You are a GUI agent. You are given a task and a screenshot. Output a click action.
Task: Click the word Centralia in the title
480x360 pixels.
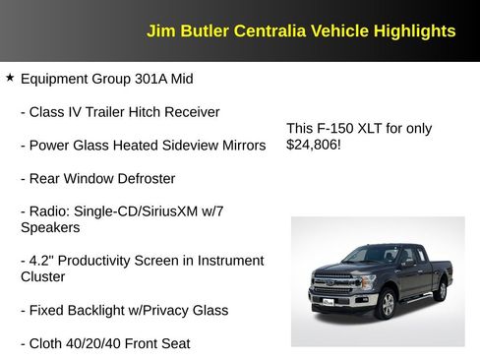tap(266, 31)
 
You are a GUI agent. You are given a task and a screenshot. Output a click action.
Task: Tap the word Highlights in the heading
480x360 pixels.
tap(414, 31)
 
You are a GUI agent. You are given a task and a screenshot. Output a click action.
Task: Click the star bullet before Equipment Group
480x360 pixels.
tap(10, 77)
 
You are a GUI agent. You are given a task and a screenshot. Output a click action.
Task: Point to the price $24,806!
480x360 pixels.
tap(314, 145)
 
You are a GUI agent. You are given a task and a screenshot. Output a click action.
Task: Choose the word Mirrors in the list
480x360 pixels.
tap(239, 146)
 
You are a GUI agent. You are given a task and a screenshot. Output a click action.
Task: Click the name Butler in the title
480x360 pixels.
tap(204, 31)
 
